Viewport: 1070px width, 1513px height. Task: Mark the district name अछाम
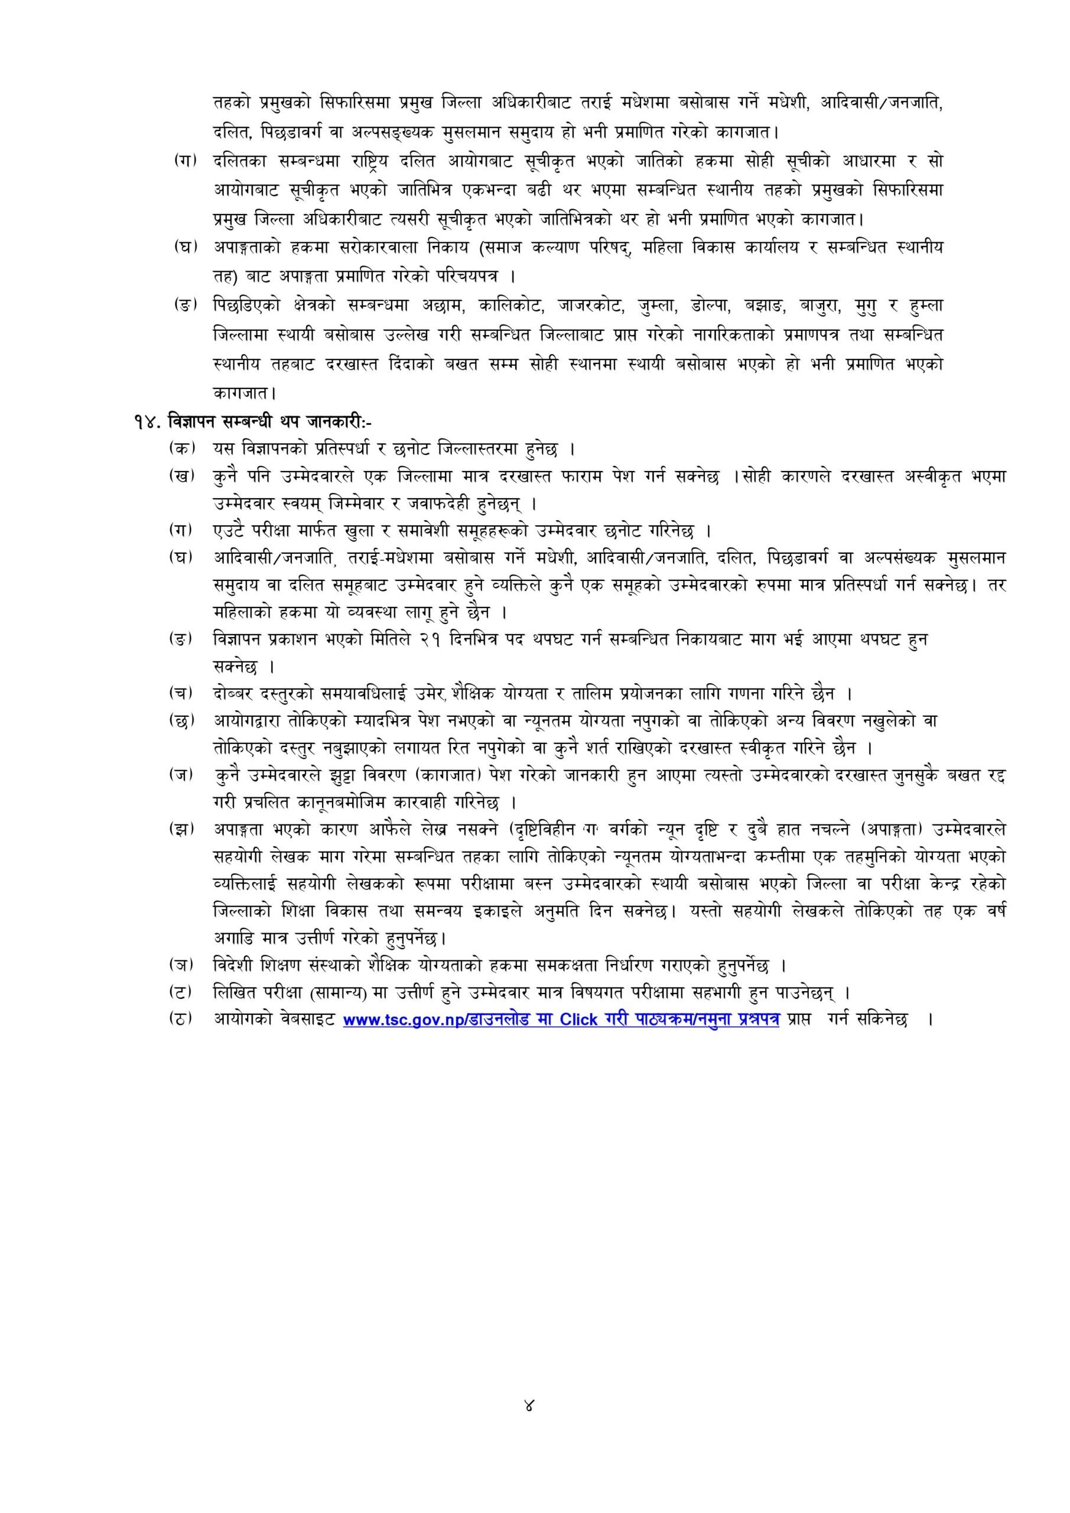(x=442, y=306)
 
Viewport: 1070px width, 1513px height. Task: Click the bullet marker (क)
(x=183, y=448)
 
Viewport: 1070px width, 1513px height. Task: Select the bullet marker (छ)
(x=183, y=720)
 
